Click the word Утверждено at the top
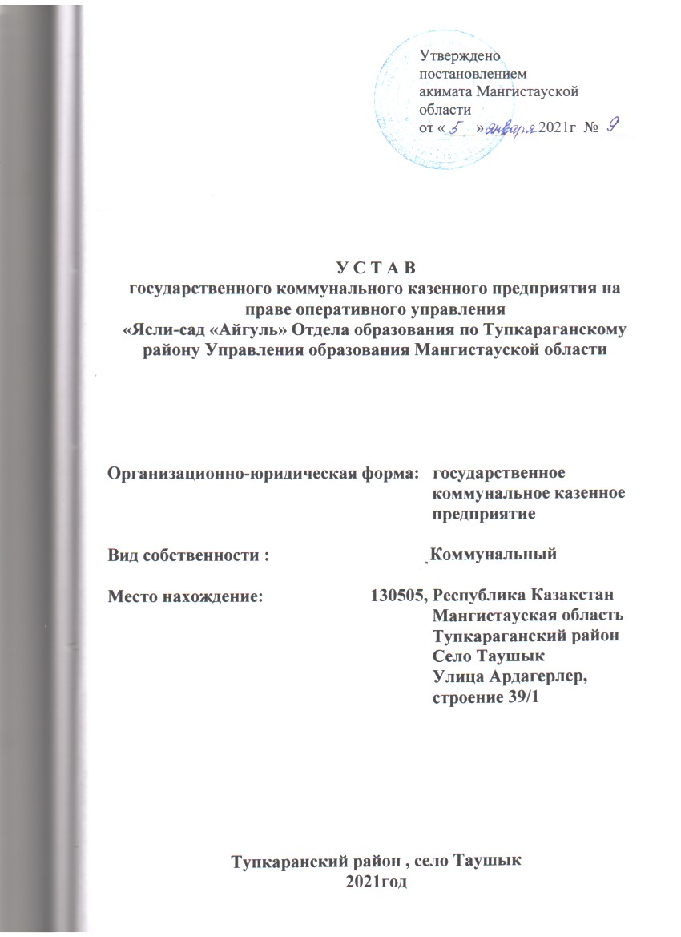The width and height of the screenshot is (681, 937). click(460, 55)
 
